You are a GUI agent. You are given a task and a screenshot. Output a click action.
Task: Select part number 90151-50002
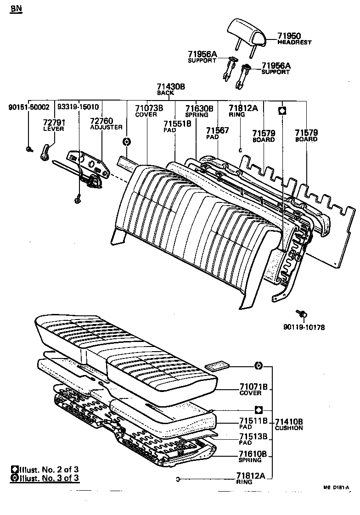[29, 107]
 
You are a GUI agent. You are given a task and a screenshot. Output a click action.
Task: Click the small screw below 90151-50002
[29, 149]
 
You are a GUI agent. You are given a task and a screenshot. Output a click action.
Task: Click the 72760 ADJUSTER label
[106, 123]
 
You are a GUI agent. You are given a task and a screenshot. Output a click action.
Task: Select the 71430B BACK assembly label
[170, 88]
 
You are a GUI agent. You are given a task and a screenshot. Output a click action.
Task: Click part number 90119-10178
[304, 327]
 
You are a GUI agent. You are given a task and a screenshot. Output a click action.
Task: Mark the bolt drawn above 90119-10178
[303, 313]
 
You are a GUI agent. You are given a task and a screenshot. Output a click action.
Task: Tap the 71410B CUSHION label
[289, 424]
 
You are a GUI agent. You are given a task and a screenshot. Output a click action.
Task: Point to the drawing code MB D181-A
[336, 487]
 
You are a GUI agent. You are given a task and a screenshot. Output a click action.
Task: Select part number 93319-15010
[78, 107]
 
